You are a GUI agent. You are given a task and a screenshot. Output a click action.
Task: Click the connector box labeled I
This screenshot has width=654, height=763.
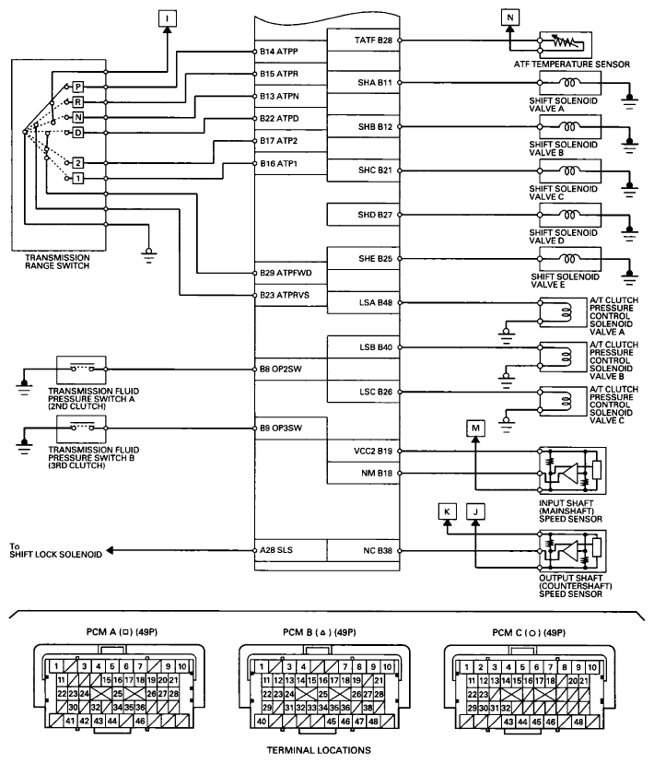[x=168, y=18]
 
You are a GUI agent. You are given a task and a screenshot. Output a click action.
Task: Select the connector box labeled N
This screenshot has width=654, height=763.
[x=509, y=18]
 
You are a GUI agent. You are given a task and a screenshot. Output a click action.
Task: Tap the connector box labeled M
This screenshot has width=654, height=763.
[x=475, y=428]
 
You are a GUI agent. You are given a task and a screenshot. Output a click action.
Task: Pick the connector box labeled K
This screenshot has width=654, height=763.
[x=447, y=511]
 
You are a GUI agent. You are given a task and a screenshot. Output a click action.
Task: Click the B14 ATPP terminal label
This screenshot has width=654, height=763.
[x=278, y=51]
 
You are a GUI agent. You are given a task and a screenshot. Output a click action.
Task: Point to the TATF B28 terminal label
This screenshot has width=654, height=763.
[x=373, y=40]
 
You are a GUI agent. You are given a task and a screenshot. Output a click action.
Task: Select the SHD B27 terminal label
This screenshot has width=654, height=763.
[x=375, y=215]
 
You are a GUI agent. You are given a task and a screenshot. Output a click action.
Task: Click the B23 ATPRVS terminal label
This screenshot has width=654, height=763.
[x=285, y=295]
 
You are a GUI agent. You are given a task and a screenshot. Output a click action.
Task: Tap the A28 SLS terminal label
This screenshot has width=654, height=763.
[x=276, y=550]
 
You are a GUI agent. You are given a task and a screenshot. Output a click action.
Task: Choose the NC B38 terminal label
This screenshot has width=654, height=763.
[x=378, y=550]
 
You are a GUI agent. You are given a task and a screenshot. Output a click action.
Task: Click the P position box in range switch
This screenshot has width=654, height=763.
[x=77, y=88]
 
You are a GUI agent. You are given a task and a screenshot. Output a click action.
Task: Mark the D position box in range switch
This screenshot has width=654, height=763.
[x=77, y=133]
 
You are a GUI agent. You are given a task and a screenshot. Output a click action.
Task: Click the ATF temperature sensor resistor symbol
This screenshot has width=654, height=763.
[x=566, y=42]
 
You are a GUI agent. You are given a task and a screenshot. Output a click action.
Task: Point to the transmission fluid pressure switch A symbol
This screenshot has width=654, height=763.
[x=81, y=370]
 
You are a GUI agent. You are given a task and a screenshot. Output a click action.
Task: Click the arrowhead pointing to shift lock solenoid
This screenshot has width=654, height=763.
[x=110, y=550]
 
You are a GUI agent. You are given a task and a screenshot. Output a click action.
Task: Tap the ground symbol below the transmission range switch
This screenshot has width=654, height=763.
[x=149, y=255]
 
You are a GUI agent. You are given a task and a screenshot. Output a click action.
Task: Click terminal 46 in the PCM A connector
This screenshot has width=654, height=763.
[x=140, y=722]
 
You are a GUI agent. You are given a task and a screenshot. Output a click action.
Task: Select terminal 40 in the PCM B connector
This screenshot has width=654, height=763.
[x=262, y=722]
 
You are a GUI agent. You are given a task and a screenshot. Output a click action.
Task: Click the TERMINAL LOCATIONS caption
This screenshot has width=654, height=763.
[x=319, y=750]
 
